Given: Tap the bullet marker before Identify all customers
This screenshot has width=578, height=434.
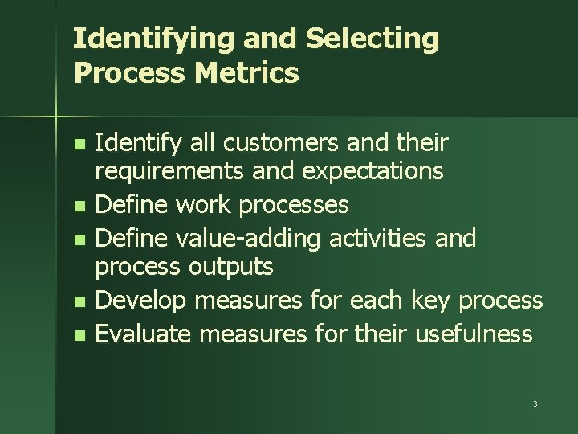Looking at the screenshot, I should [77, 145].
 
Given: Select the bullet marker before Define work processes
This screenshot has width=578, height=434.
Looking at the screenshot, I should [77, 207].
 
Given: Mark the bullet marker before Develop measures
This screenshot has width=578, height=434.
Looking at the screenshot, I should [77, 301].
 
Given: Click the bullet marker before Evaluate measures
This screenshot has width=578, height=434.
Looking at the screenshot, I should [77, 334].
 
